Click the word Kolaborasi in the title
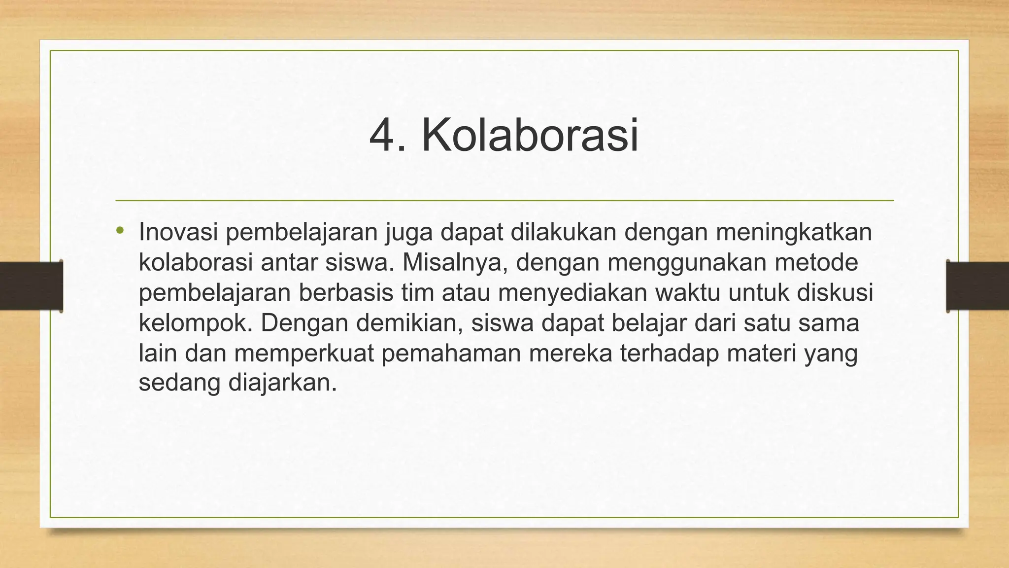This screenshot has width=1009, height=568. tap(530, 136)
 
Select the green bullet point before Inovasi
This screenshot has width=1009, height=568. tap(120, 231)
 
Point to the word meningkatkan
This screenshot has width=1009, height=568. tap(794, 232)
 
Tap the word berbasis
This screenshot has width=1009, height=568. tap(346, 293)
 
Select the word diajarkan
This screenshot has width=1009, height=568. tap(282, 384)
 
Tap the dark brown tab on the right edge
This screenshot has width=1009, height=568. tap(977, 286)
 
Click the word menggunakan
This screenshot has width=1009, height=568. tap(687, 263)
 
